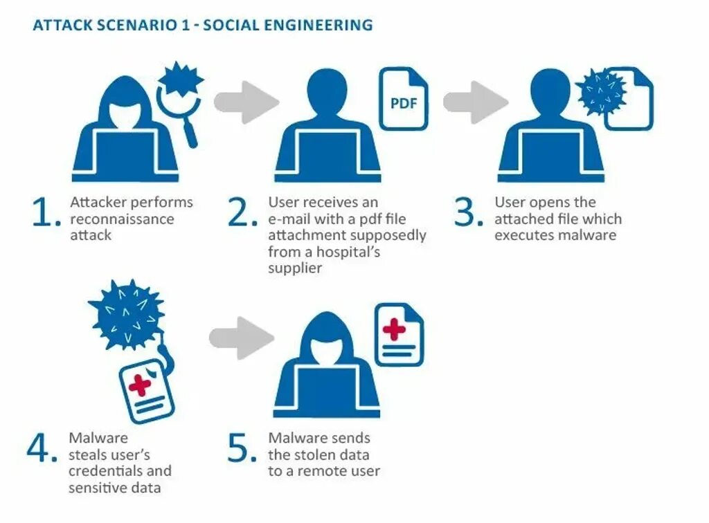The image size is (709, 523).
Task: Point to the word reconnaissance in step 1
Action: pos(122,219)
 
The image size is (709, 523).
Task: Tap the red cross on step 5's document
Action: pos(394,329)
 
